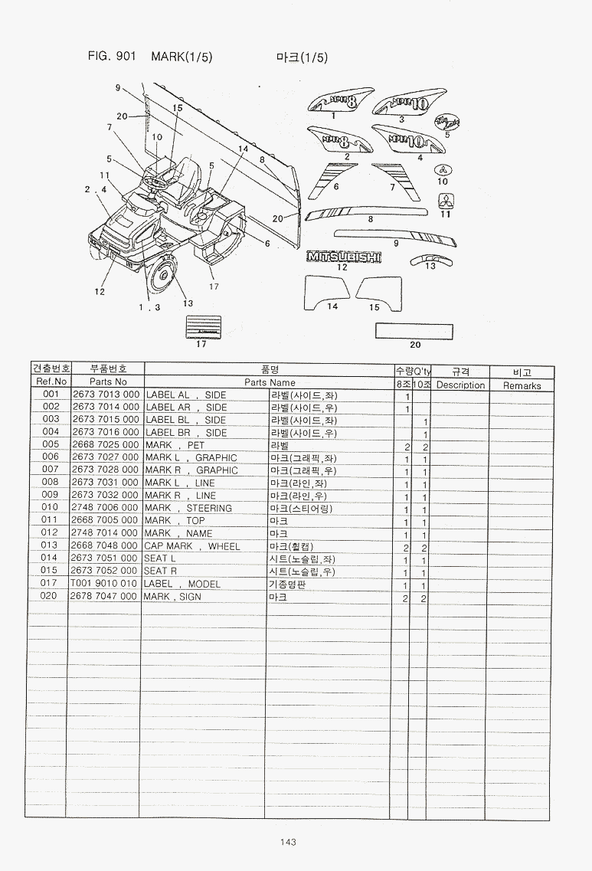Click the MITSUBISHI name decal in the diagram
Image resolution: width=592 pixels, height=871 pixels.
click(x=344, y=257)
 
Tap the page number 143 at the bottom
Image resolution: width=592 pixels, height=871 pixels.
click(x=288, y=843)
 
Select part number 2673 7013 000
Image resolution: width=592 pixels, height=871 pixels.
click(x=105, y=395)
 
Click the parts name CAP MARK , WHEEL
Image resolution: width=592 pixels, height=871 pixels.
click(x=192, y=546)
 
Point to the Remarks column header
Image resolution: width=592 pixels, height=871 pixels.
click(x=522, y=386)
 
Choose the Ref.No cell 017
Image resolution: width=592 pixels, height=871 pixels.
click(x=51, y=584)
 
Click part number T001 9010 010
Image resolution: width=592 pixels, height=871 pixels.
click(x=105, y=584)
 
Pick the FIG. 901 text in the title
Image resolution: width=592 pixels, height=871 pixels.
click(x=113, y=57)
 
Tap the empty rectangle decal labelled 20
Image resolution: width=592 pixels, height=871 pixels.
click(x=414, y=331)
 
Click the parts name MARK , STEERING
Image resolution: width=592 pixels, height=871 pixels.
click(x=188, y=508)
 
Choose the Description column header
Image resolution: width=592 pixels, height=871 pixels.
click(x=460, y=385)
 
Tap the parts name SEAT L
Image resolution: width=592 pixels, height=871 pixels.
click(x=161, y=558)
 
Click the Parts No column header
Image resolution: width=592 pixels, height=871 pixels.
click(x=108, y=381)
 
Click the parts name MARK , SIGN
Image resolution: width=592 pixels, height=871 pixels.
click(x=173, y=596)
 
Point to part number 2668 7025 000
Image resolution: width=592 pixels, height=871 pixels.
click(x=105, y=445)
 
